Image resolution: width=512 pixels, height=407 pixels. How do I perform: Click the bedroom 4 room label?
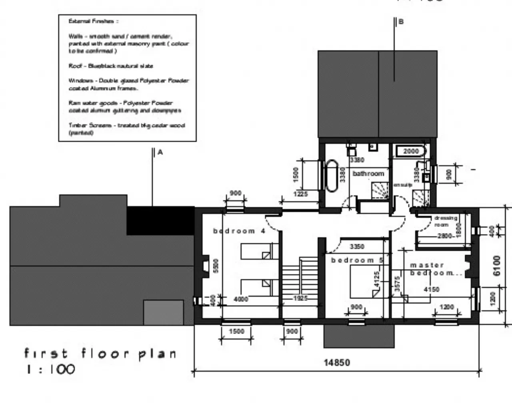[x=239, y=231]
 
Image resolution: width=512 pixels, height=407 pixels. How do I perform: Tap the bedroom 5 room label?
[x=357, y=260]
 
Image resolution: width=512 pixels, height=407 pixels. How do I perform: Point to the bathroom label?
[x=368, y=174]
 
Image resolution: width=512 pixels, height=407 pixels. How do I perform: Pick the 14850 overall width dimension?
[x=336, y=363]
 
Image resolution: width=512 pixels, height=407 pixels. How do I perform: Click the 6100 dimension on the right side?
[x=496, y=265]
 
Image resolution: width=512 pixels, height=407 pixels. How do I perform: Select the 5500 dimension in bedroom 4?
[x=216, y=266]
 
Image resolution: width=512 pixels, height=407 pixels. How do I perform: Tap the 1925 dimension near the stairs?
[x=300, y=298]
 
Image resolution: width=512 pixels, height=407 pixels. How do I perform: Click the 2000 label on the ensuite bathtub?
[x=411, y=151]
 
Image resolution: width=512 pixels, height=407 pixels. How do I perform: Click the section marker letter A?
[x=160, y=152]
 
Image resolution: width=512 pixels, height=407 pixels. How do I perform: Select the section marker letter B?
[x=401, y=22]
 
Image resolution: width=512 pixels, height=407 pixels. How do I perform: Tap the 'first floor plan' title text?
[x=100, y=353]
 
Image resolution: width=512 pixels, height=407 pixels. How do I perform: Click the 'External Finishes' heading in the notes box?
[x=93, y=21]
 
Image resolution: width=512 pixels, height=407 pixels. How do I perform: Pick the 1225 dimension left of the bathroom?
[x=300, y=194]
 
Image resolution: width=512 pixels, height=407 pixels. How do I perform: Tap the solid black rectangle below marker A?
[x=160, y=220]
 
